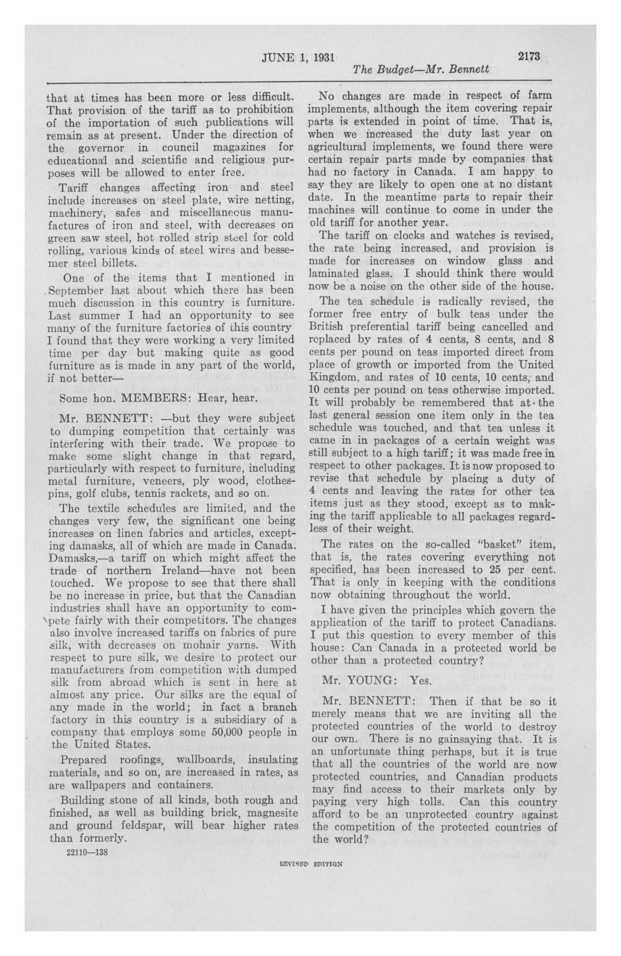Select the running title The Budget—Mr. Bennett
[x=420, y=69]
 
